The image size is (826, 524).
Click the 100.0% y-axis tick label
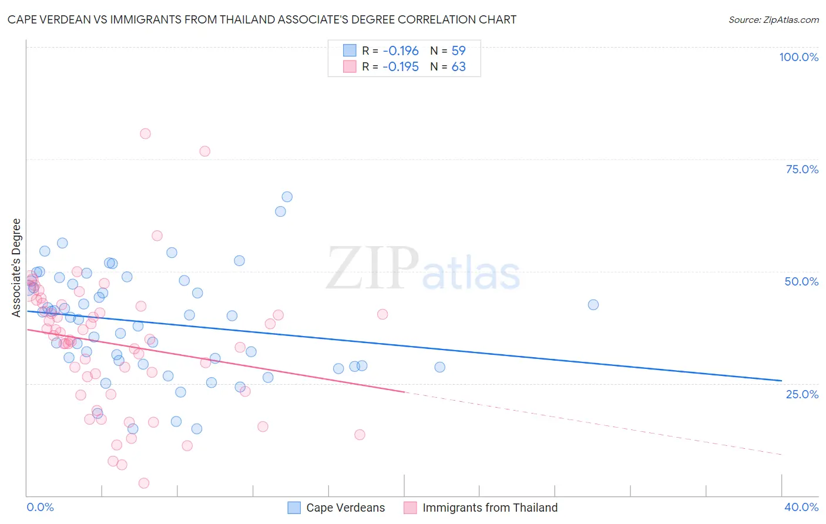point(798,57)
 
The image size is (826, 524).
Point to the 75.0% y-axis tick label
point(802,169)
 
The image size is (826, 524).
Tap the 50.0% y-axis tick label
point(801,281)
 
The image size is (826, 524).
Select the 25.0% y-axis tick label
point(802,394)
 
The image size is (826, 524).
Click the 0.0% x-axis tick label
point(40,507)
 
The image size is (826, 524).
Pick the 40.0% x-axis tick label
point(801,507)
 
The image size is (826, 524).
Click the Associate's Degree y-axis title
point(16,268)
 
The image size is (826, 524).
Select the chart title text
point(262,19)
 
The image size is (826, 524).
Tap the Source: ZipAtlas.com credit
point(773,20)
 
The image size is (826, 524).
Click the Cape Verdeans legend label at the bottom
point(345,508)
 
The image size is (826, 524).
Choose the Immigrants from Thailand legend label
point(490,508)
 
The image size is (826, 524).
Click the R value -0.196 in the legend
point(401,51)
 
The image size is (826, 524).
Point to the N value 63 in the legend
point(458,67)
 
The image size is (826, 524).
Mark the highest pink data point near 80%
point(145,134)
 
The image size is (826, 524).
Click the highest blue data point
point(287,197)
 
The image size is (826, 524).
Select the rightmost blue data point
point(593,305)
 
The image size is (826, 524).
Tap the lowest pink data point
point(144,483)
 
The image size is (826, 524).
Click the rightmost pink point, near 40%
point(382,314)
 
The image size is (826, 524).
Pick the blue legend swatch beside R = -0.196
point(350,51)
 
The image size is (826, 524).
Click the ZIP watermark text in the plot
point(372,268)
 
